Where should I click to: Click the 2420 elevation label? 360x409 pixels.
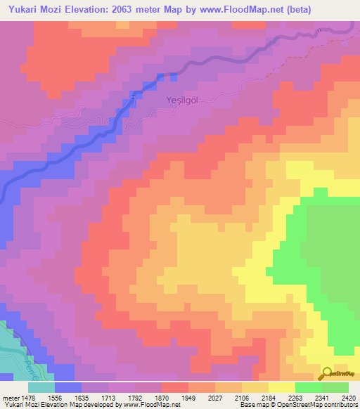tap(349, 397)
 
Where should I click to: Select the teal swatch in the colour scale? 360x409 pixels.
tap(41, 387)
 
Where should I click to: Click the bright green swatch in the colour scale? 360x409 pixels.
tap(309, 387)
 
